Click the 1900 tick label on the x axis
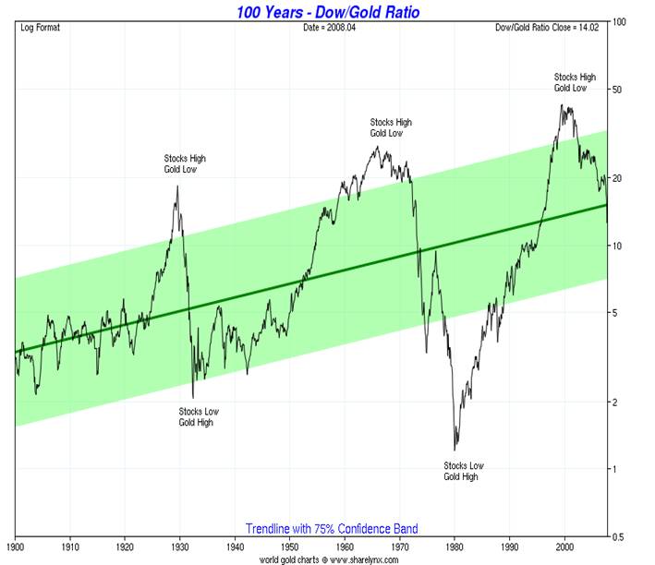16,547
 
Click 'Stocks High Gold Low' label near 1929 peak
185,163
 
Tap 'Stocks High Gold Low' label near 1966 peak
391,127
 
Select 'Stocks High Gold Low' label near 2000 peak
574,81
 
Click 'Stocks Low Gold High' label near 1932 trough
199,416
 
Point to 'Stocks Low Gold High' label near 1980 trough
463,471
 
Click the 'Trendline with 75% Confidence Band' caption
331,529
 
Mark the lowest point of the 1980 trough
455,450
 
